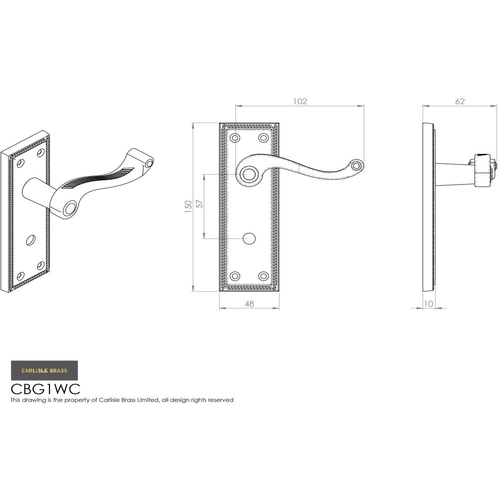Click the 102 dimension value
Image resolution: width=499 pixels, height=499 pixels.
(300, 101)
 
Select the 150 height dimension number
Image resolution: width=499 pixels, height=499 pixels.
(188, 207)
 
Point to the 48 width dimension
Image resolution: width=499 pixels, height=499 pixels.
(249, 303)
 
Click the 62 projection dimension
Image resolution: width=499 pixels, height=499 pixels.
(460, 101)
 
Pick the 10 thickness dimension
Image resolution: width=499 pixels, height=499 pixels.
(428, 303)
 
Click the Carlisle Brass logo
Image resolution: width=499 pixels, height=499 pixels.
(44, 370)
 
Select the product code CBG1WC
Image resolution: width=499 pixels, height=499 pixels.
(45, 389)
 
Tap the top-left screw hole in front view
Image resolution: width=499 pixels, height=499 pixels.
(235, 138)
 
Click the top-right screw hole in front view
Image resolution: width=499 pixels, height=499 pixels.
(263, 138)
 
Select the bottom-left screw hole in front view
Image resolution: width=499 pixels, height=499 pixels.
(235, 276)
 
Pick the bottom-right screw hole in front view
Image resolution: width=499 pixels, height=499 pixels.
(263, 276)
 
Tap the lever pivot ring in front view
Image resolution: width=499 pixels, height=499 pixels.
(248, 174)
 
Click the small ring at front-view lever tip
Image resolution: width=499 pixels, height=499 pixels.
(356, 165)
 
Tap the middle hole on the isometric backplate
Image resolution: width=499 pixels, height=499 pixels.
(30, 240)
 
